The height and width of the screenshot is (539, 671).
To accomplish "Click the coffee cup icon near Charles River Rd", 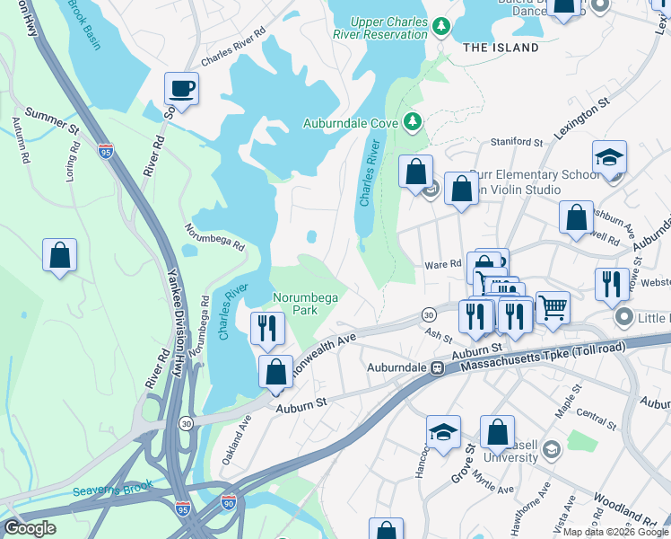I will (x=181, y=89).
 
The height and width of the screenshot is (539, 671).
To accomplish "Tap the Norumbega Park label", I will (x=295, y=303).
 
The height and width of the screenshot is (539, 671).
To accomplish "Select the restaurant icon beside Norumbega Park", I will (x=266, y=328).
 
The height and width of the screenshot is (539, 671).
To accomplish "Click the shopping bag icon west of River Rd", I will (x=59, y=255).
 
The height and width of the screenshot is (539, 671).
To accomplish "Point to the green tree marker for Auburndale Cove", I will (x=412, y=121).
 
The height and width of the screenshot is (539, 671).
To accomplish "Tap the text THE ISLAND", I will (x=501, y=48).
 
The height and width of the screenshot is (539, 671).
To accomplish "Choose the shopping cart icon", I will (x=553, y=307).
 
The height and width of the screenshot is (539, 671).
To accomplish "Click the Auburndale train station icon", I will (x=438, y=368).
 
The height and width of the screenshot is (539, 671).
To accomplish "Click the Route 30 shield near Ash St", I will (x=429, y=314).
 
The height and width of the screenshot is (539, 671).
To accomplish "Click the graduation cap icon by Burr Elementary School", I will (x=609, y=157).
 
